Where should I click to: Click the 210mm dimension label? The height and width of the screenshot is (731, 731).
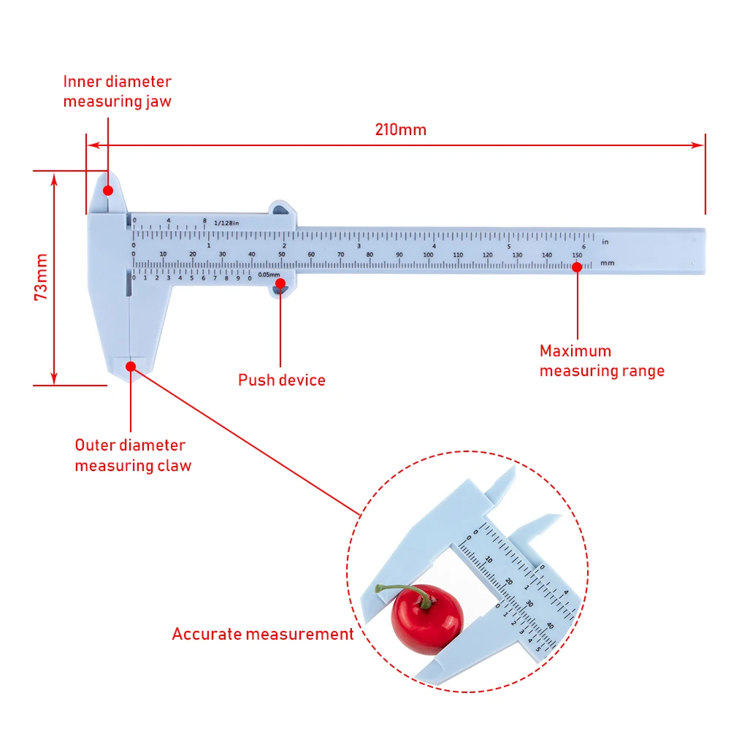coord(400,130)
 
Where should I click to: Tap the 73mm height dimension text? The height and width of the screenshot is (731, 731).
coord(42,277)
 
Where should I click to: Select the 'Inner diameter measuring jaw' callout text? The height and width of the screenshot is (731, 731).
coord(117,91)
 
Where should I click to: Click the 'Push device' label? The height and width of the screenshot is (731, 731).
coord(282,380)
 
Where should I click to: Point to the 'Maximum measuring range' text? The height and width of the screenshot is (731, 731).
coord(602,361)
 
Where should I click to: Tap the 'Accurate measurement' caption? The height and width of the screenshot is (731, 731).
coord(263,634)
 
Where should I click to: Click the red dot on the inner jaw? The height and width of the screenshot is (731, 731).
coord(108,190)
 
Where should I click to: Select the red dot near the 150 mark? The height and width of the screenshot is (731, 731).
coord(577,267)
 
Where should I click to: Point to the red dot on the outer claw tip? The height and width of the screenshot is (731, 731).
coord(131,364)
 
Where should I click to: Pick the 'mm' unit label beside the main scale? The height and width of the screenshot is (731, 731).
coord(607,261)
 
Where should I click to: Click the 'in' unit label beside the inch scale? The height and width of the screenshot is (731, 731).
coord(605,241)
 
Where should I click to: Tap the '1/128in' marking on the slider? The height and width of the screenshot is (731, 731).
coord(226,222)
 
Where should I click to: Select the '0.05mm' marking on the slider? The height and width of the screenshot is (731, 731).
coord(269,274)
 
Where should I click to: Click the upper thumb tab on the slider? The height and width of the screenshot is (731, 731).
coord(282,210)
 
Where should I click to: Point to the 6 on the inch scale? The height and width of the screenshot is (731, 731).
coord(583,246)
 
